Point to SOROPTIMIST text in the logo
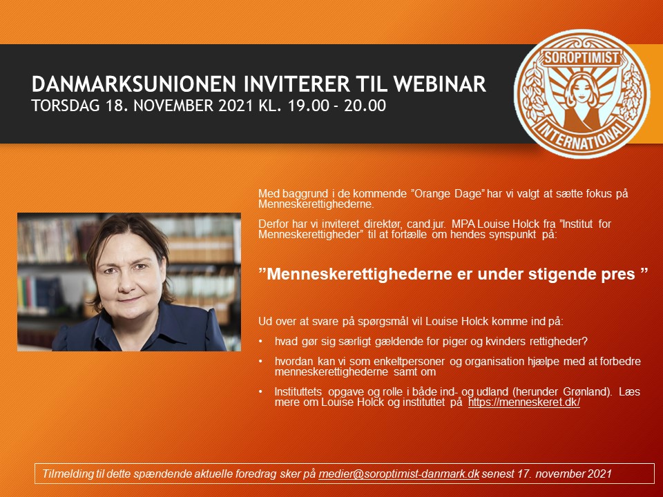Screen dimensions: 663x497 (582, 57)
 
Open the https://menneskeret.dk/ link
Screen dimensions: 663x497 (524, 402)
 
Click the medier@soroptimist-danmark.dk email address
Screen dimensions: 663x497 (398, 474)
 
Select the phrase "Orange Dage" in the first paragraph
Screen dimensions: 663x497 (448, 194)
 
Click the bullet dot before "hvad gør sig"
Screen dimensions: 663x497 (261, 341)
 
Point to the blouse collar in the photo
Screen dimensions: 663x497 (140, 325)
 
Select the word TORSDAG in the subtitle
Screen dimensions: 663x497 (66, 106)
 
